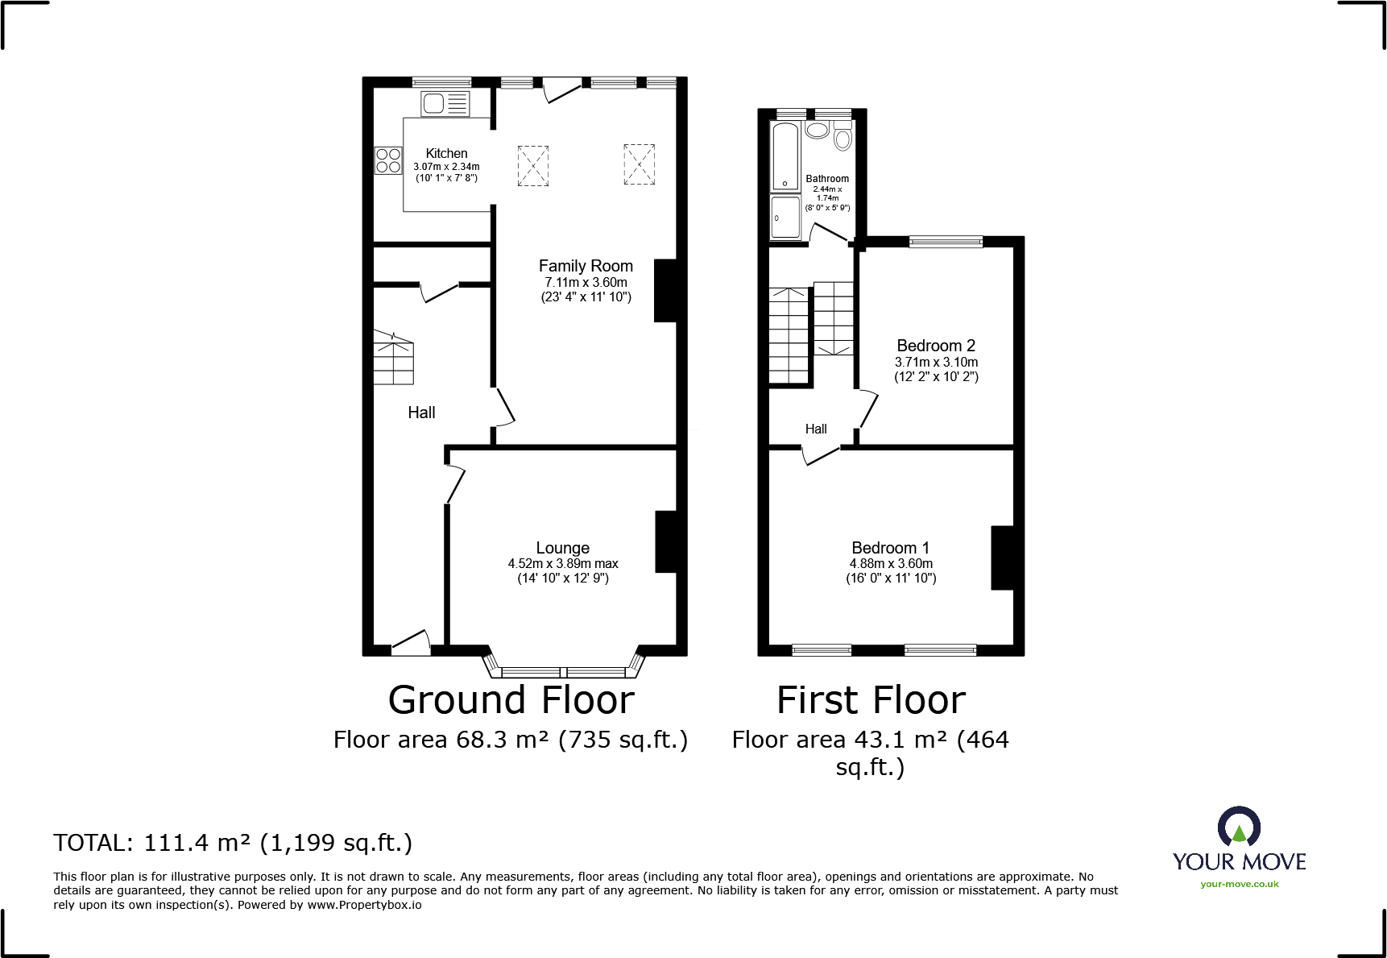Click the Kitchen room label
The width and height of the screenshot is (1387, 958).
coord(446,153)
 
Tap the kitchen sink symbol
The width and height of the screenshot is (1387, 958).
coord(445,104)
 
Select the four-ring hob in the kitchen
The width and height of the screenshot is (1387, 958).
coord(388,160)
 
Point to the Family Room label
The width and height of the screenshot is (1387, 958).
coord(586,266)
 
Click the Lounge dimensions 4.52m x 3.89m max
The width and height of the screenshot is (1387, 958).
coord(563,564)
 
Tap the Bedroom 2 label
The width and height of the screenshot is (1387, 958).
coord(936,346)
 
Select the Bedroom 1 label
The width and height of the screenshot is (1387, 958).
coord(890,548)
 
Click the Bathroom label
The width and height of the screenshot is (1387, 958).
coord(827,179)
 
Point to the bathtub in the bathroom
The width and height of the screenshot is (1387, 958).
coord(785,156)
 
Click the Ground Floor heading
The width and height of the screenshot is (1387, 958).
coord(511,699)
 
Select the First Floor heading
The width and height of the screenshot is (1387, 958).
coord(871,699)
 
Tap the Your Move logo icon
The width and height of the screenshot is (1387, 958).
coord(1239,827)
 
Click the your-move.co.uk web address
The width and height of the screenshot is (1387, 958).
coord(1240,884)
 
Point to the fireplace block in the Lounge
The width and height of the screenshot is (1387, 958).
coord(666,542)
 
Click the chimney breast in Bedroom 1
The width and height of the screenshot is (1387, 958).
coord(1002,558)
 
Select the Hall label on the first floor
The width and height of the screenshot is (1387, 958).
coord(816,429)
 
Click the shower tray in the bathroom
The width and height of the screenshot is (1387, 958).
coord(785,218)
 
